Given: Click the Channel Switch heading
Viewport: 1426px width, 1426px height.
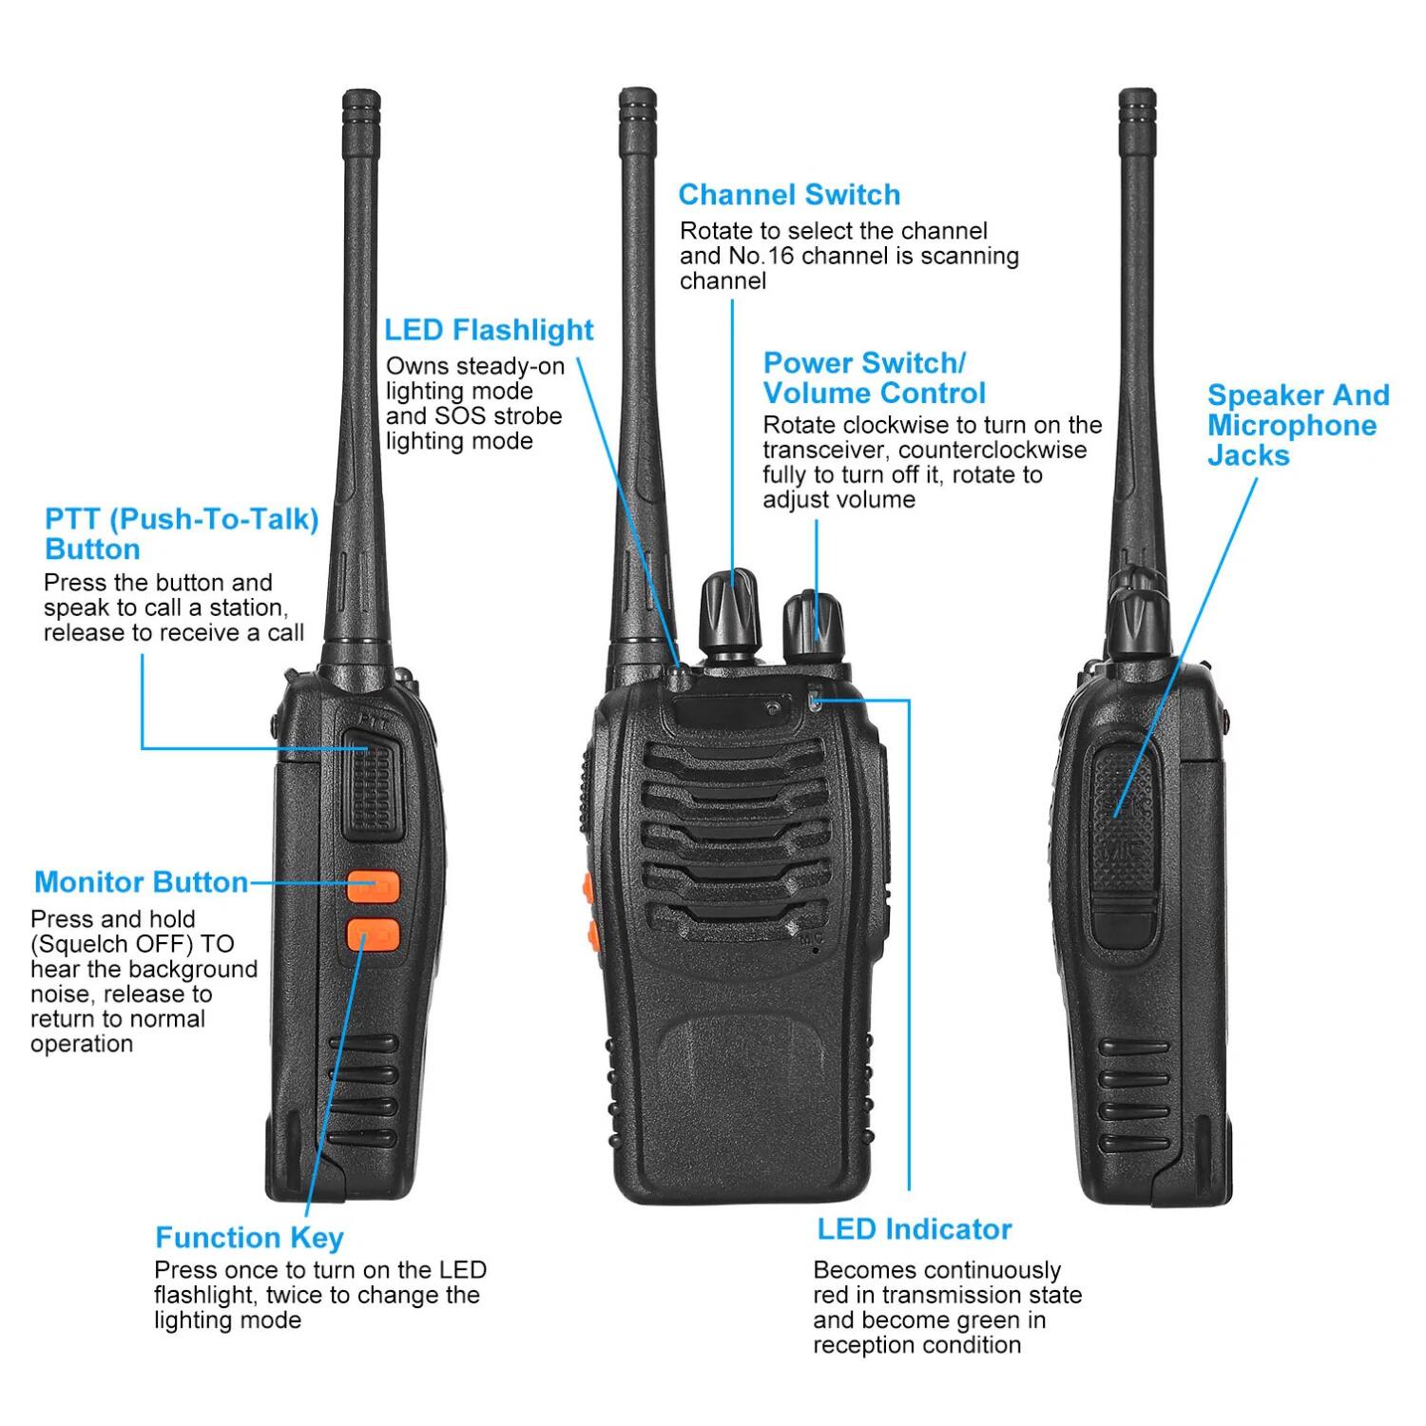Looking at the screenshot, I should coord(789,195).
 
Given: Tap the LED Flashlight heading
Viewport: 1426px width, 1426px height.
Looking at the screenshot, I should coord(489,330).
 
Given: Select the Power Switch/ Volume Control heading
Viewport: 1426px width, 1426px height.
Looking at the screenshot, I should coord(874,377).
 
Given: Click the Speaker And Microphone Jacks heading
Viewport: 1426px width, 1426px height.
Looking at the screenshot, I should coord(1297,425).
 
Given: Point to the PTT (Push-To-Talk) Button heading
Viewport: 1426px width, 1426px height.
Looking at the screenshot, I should coord(181,533).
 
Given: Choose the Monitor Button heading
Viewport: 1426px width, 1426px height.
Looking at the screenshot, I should coord(141,882).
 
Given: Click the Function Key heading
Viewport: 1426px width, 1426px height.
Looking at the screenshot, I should coord(249,1238).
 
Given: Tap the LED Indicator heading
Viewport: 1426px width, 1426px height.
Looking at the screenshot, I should coord(914,1229).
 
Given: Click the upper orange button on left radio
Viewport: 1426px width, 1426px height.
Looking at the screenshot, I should coord(372,887).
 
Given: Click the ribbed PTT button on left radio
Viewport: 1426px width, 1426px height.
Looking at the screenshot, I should coord(370,785).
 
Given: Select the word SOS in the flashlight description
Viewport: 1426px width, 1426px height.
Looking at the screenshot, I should coord(460,416).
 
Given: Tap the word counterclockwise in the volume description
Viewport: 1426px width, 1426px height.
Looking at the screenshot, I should coord(992,450).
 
